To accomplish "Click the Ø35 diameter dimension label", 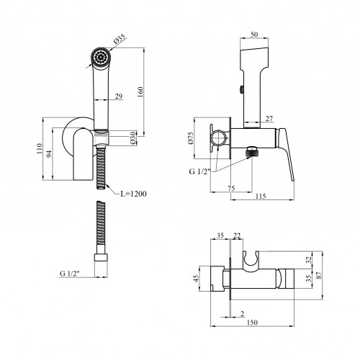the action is point(120,39).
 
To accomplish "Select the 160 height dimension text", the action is point(140,92).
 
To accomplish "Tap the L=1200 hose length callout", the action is point(133,194).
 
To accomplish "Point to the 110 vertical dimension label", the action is point(40,148).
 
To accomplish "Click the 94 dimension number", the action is point(49,154).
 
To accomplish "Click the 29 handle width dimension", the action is point(119,96).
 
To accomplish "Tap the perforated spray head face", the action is point(101,58).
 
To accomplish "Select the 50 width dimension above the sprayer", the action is point(254,35).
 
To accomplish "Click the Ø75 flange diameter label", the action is point(191,138).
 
